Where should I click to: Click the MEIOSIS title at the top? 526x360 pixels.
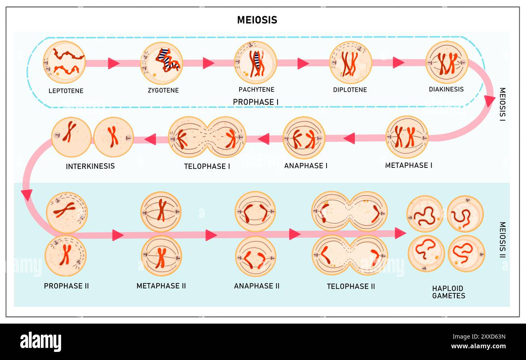(x=257, y=20)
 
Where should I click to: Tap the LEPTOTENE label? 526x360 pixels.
(x=66, y=91)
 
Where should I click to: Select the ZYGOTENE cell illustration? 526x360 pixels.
(x=161, y=63)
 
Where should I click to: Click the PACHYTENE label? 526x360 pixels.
(x=256, y=89)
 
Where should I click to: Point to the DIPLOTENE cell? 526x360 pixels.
(x=350, y=62)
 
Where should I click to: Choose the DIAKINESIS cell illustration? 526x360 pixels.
(x=446, y=62)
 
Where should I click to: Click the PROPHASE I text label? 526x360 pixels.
(x=256, y=102)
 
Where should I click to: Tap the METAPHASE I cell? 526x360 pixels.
(x=406, y=137)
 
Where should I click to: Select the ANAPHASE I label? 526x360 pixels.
(x=306, y=165)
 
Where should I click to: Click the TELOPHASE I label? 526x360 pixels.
(x=207, y=166)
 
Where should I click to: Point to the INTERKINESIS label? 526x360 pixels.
(x=90, y=166)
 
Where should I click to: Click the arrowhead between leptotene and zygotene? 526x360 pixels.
(x=113, y=63)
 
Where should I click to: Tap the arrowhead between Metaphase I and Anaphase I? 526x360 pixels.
(x=350, y=138)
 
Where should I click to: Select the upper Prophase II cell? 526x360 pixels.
(x=66, y=212)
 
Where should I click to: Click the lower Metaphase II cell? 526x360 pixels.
(x=161, y=256)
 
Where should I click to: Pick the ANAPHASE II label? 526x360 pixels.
(x=257, y=286)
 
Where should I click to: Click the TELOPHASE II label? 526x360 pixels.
(x=350, y=286)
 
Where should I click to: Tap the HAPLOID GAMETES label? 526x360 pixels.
(x=448, y=292)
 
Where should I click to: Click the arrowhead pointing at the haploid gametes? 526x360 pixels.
(x=400, y=233)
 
